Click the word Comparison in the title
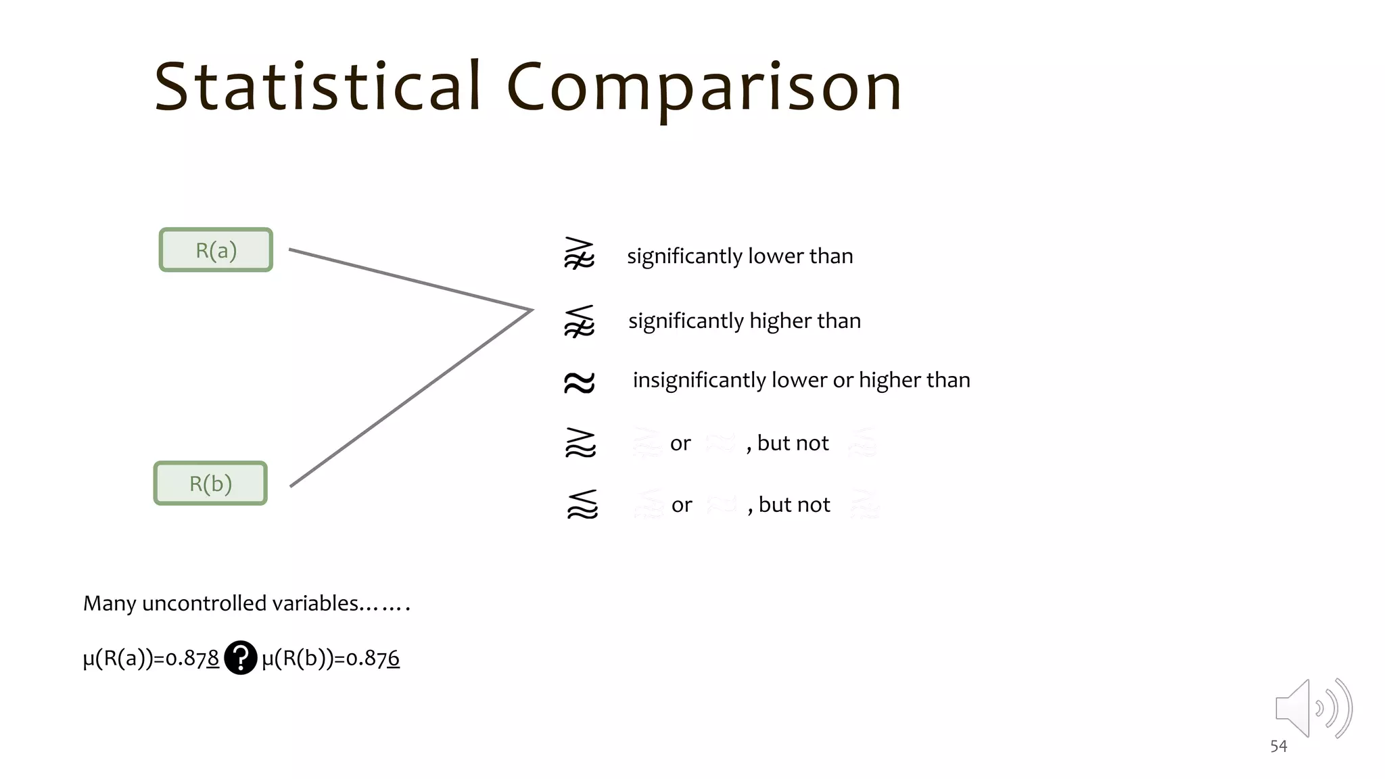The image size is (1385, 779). point(703,88)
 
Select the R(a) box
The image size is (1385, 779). point(216,250)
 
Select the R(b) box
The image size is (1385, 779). point(210,483)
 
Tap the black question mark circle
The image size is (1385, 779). point(240,657)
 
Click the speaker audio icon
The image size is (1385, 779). point(1312,708)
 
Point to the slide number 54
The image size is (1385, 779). point(1278,746)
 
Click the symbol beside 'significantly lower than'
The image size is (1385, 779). point(579,254)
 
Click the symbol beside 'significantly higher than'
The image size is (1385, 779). point(580,321)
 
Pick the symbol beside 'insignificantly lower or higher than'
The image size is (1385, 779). point(580,382)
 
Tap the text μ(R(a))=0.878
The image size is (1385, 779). point(151,658)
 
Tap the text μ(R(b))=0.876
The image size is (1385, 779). point(331,658)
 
